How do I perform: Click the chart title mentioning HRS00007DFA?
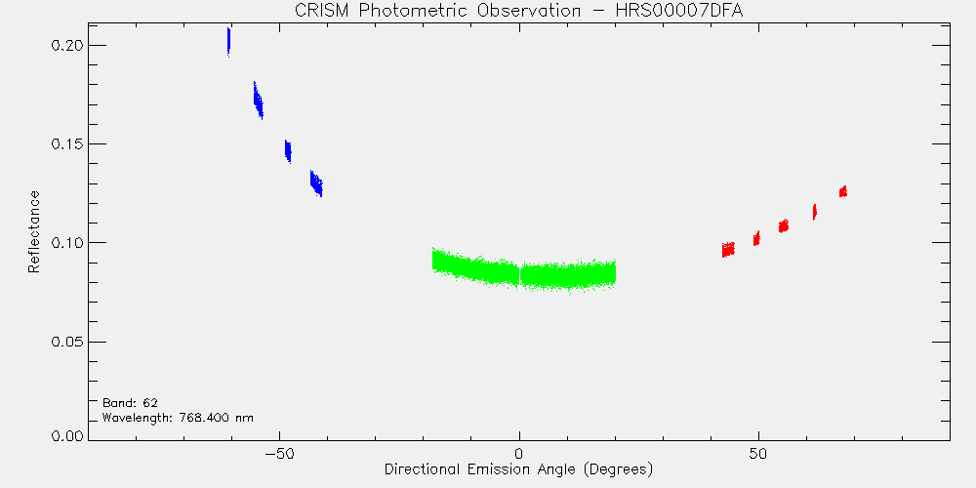coord(518,11)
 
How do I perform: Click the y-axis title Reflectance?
coord(33,231)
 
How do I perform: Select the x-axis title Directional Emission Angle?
coord(518,468)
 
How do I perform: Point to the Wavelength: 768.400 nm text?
coord(178,418)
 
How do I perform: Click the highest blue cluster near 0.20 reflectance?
coord(229,42)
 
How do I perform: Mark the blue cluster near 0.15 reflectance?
coord(288,151)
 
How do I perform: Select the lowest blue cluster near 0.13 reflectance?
coord(317,183)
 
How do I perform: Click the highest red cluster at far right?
coord(843,191)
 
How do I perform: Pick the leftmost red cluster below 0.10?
coord(728,250)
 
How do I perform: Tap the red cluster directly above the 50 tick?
coord(757,238)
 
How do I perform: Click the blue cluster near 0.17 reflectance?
coord(259,101)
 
